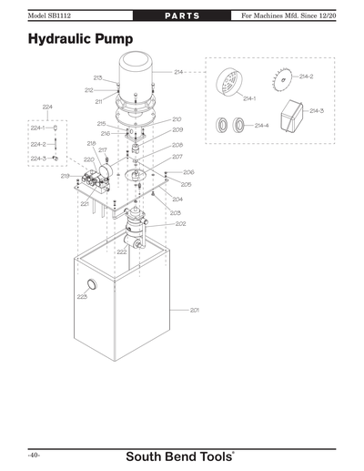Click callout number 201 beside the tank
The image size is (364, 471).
194,311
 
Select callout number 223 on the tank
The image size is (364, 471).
82,297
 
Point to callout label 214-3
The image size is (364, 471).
316,110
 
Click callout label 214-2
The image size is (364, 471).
306,77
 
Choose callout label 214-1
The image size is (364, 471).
248,97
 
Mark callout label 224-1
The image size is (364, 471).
37,128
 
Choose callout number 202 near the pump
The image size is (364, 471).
180,223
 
